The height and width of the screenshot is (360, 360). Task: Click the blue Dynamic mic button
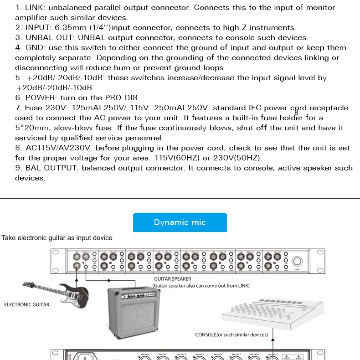point(180,222)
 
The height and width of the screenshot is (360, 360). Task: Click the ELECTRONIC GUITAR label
point(26,304)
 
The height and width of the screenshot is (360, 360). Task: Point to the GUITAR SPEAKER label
point(172,278)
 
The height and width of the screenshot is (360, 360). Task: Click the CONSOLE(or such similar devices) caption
point(231,334)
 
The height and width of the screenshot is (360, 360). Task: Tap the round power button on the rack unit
point(297,262)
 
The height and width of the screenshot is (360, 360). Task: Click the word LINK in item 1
point(35,8)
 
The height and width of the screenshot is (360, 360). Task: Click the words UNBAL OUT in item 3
point(49,38)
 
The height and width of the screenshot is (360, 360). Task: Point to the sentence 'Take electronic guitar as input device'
point(57,238)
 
